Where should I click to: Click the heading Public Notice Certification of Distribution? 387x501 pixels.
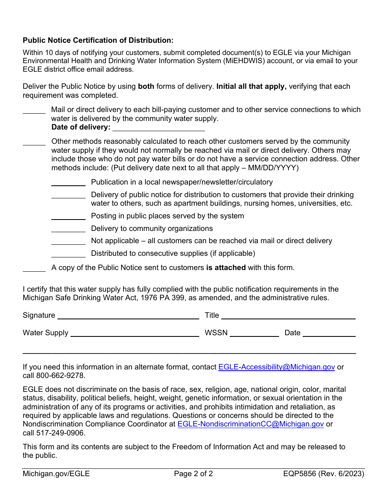tap(98, 40)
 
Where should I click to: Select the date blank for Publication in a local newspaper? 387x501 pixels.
tap(68, 182)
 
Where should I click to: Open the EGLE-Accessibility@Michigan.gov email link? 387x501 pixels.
tap(277, 367)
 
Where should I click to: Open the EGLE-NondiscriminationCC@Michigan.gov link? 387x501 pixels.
tap(251, 424)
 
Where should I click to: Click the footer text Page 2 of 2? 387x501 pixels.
tap(193, 474)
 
